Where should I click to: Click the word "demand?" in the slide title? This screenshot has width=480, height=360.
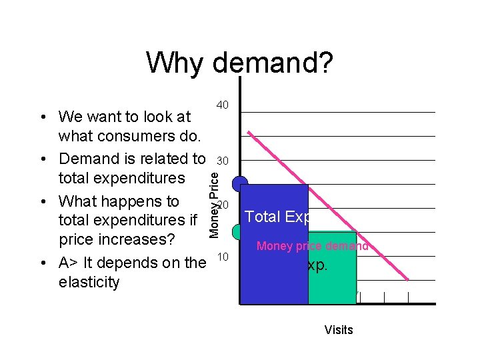pos(273,63)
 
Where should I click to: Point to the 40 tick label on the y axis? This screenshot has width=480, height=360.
pos(223,105)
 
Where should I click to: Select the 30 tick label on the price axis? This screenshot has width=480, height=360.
pos(223,161)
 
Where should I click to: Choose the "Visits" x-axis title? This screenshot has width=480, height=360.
pos(339,329)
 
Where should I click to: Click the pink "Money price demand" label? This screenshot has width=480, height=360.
pos(312,246)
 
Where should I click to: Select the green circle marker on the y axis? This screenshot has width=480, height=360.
pos(237,232)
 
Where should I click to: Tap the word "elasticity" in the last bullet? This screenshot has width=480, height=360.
pos(89,282)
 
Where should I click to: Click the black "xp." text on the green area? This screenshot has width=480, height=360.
pos(317,265)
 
